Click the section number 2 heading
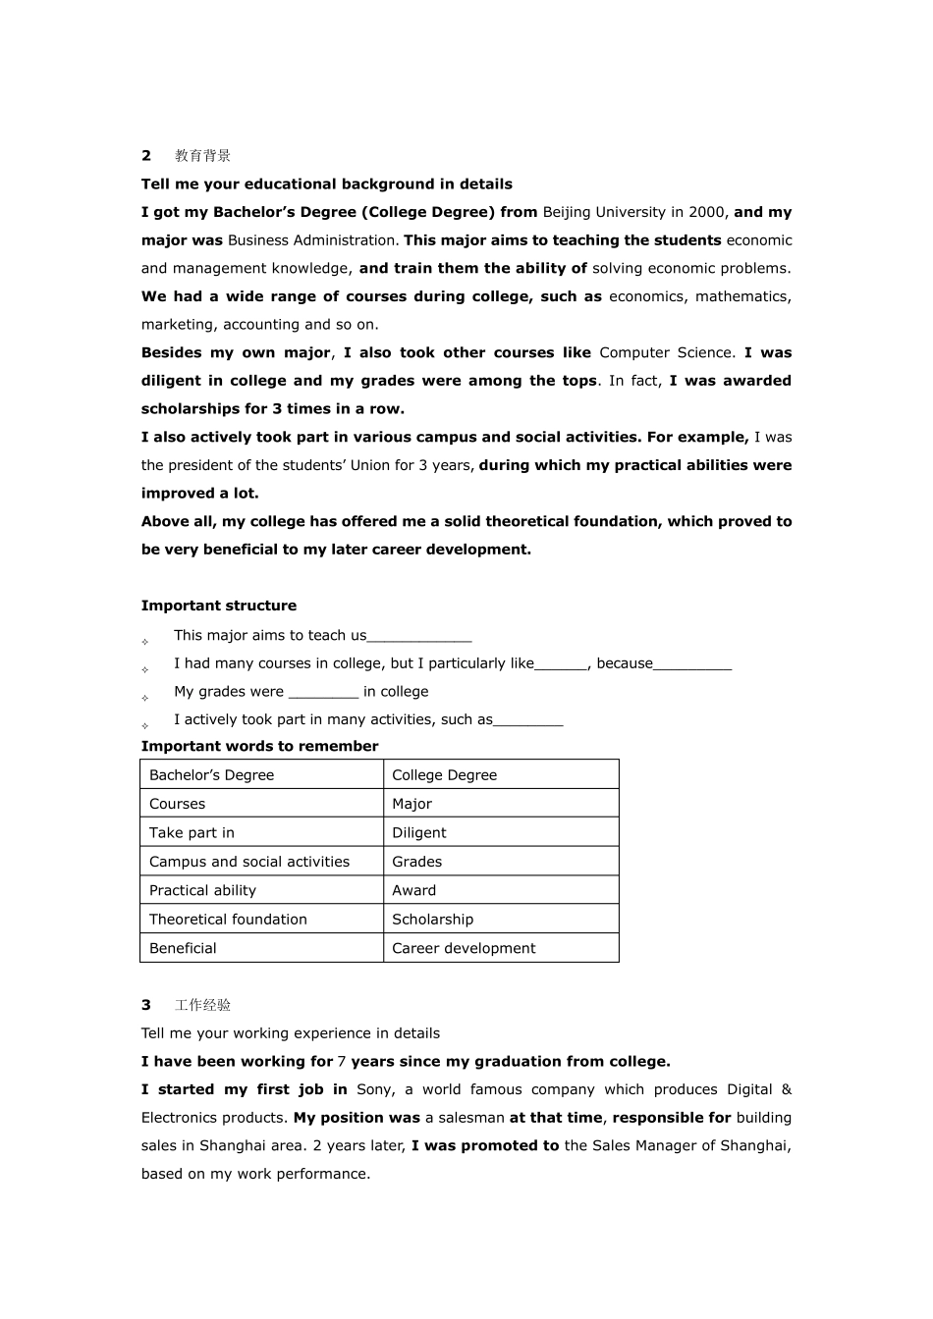click(x=146, y=155)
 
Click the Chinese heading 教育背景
click(x=202, y=155)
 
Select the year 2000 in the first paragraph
click(x=708, y=212)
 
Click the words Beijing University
click(x=604, y=212)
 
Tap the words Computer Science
click(x=666, y=352)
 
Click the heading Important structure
click(x=218, y=606)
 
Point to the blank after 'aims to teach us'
click(x=419, y=636)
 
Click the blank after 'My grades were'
click(x=323, y=692)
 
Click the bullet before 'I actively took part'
click(x=145, y=726)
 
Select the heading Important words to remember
click(x=259, y=746)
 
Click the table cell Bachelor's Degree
click(x=211, y=775)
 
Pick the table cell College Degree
click(x=444, y=775)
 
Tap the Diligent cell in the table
click(x=418, y=833)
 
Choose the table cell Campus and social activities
click(x=249, y=862)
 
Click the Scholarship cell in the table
click(x=432, y=920)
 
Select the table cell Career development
click(x=464, y=948)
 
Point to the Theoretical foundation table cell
click(x=228, y=920)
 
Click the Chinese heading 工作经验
click(x=202, y=1005)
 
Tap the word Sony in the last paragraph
click(x=374, y=1089)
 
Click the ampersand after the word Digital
click(x=786, y=1089)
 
